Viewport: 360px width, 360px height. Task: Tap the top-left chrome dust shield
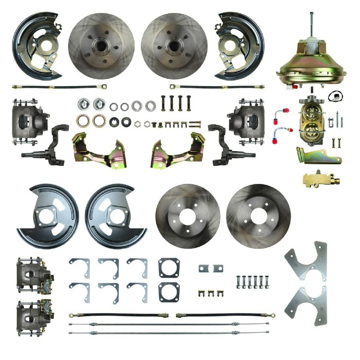(x=36, y=46)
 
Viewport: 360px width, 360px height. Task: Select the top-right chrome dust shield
(x=241, y=46)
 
